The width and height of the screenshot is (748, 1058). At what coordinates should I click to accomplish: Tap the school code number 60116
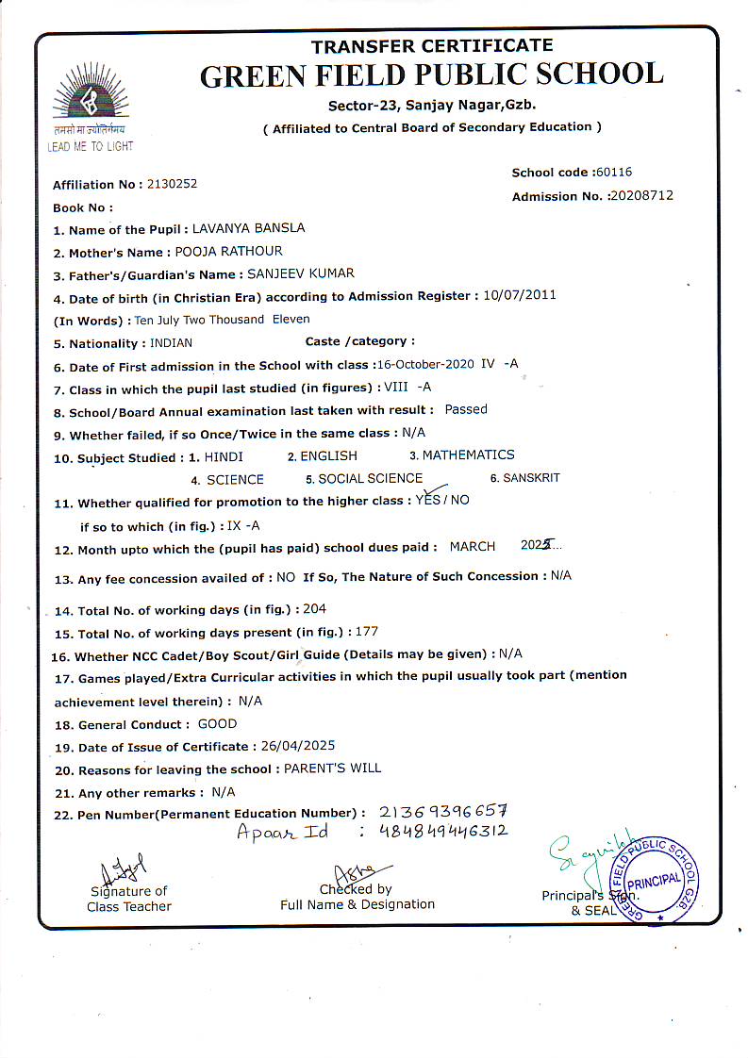[613, 173]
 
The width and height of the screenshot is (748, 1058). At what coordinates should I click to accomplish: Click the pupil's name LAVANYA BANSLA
[248, 228]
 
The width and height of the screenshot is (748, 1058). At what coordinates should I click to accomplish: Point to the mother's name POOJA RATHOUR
[229, 252]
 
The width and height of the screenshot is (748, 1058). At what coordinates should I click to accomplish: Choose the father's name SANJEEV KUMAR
[300, 273]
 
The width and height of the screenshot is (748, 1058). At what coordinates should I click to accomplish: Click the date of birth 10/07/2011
[519, 295]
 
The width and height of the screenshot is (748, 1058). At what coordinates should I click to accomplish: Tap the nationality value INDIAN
[171, 343]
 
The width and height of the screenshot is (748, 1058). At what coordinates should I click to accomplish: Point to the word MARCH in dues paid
[473, 547]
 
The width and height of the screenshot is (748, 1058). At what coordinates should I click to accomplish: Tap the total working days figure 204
[314, 609]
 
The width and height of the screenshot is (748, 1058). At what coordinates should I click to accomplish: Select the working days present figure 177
[366, 632]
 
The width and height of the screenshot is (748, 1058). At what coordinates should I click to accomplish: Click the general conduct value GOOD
[217, 724]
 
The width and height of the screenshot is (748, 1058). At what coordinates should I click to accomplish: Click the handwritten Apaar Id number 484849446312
[442, 831]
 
